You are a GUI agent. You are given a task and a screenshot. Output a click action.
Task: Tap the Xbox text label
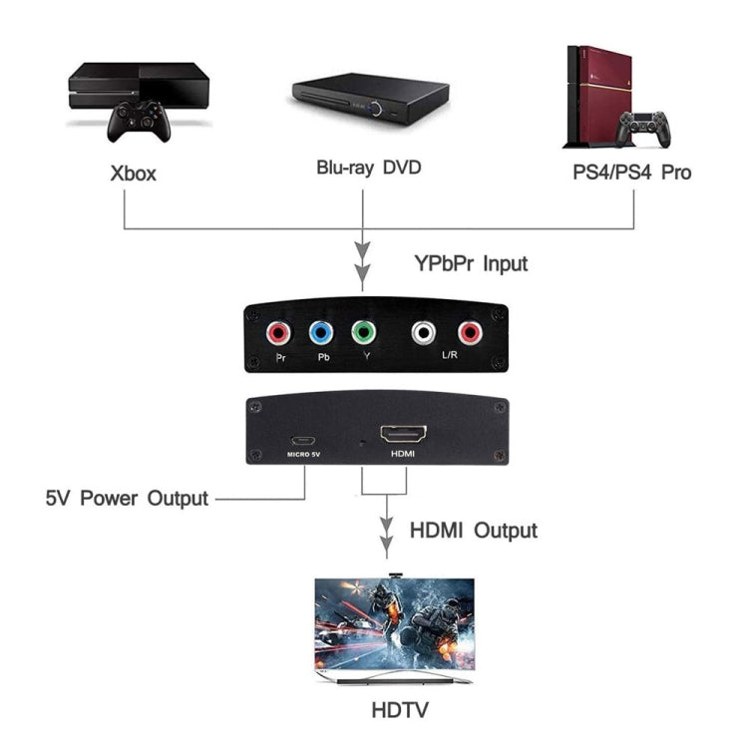pyautogui.click(x=133, y=174)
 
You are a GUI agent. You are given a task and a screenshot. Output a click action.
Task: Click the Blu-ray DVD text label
pyautogui.click(x=368, y=168)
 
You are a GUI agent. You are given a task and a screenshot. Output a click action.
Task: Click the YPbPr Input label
pyautogui.click(x=471, y=264)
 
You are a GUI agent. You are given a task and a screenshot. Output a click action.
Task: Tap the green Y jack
pyautogui.click(x=362, y=332)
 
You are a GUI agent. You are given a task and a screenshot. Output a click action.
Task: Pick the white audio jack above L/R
pyautogui.click(x=427, y=332)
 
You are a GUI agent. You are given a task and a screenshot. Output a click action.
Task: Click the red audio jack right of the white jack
pyautogui.click(x=468, y=332)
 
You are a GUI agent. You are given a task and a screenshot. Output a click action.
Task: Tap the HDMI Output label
pyautogui.click(x=474, y=530)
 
